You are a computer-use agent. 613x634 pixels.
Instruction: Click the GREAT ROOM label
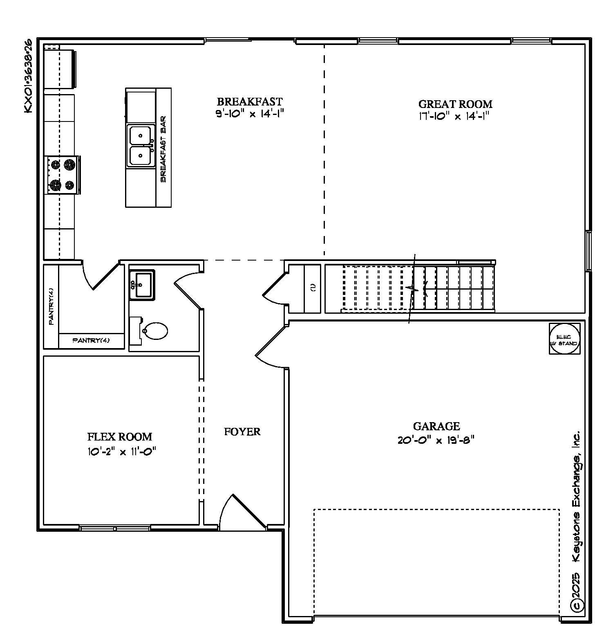pyautogui.click(x=455, y=104)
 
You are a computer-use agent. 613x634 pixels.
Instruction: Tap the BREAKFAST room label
pyautogui.click(x=249, y=101)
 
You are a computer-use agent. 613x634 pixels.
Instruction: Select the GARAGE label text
pyautogui.click(x=436, y=427)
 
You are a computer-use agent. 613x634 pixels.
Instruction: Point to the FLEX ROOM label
pyautogui.click(x=120, y=437)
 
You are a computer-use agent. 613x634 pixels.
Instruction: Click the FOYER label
pyautogui.click(x=242, y=432)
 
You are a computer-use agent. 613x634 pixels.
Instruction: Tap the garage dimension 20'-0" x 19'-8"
pyautogui.click(x=436, y=441)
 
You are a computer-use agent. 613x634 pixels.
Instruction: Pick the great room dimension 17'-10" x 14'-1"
pyautogui.click(x=454, y=116)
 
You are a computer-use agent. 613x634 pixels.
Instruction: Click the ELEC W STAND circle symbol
pyautogui.click(x=564, y=338)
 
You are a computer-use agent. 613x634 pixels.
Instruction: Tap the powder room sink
pyautogui.click(x=142, y=285)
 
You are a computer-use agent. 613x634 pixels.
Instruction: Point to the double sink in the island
pyautogui.click(x=141, y=146)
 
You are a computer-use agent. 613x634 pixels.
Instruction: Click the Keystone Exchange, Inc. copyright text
pyautogui.click(x=576, y=521)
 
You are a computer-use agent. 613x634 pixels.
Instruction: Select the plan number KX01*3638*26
pyautogui.click(x=28, y=76)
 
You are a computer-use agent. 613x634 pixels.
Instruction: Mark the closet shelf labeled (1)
pyautogui.click(x=313, y=288)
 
